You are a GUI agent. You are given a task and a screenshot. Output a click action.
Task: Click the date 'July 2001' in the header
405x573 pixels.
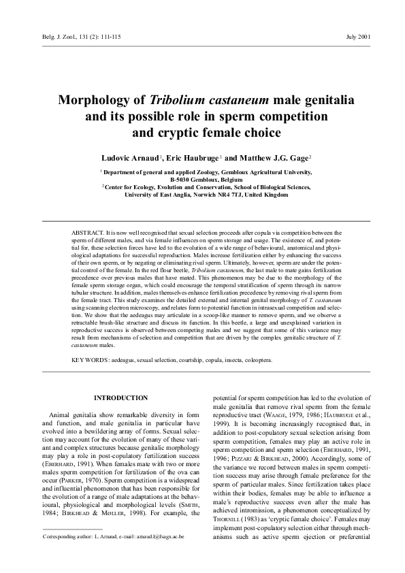358,36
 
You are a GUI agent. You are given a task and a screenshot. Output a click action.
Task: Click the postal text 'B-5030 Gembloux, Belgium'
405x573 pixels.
204,180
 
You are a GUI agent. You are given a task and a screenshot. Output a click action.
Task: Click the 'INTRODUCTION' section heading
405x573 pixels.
120,397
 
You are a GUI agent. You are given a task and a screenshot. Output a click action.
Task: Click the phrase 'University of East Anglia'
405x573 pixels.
158,195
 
